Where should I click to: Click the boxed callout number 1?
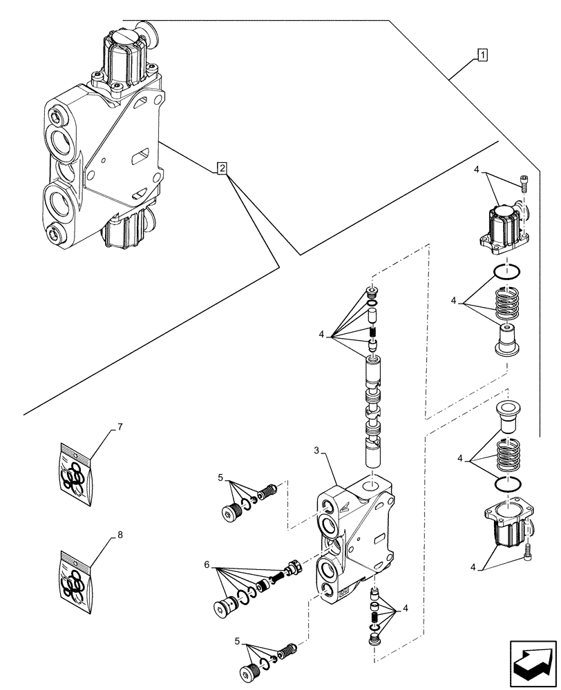click(x=482, y=55)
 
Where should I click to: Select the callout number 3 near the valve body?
click(x=316, y=451)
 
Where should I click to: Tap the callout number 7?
click(x=120, y=428)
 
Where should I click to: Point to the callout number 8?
click(x=120, y=534)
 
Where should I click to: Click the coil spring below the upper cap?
click(x=508, y=303)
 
